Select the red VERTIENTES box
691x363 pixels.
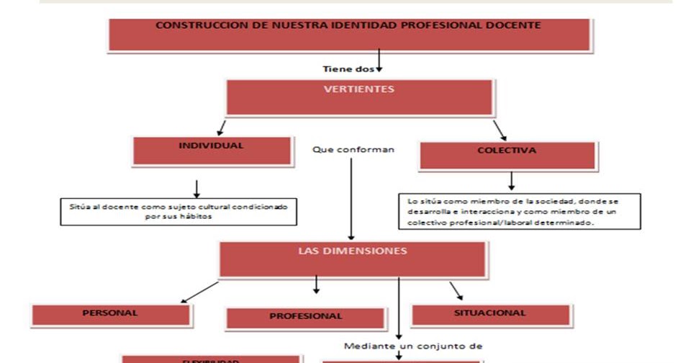point(359,98)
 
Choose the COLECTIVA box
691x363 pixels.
point(507,156)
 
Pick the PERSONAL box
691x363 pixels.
point(111,315)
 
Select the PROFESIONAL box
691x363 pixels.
point(306,318)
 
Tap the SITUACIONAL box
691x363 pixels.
point(491,315)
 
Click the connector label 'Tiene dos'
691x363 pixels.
point(348,70)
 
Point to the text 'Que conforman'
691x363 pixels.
point(353,150)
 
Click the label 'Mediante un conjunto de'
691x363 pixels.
point(412,346)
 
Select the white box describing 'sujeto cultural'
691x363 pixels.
point(179,212)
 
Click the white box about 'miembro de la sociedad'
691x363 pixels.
point(519,212)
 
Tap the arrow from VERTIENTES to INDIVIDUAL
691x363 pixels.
point(222,127)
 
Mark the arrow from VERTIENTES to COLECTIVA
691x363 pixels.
point(500,130)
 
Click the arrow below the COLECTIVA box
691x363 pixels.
point(511,180)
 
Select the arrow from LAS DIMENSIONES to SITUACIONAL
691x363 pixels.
point(456,290)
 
